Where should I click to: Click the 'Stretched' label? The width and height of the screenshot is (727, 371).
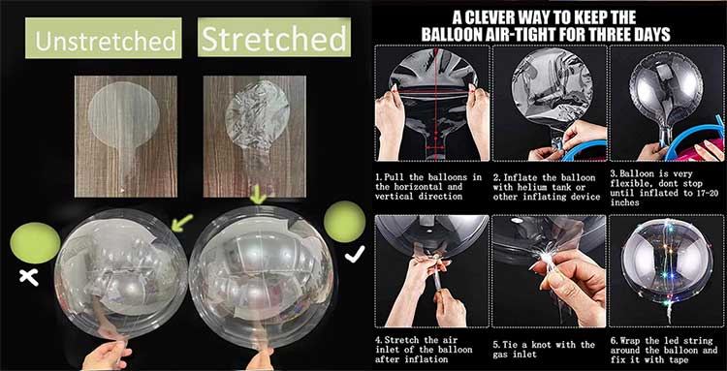[273, 39]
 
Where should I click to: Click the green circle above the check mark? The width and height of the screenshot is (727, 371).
[344, 221]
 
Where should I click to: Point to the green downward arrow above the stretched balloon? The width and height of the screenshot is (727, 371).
[258, 195]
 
